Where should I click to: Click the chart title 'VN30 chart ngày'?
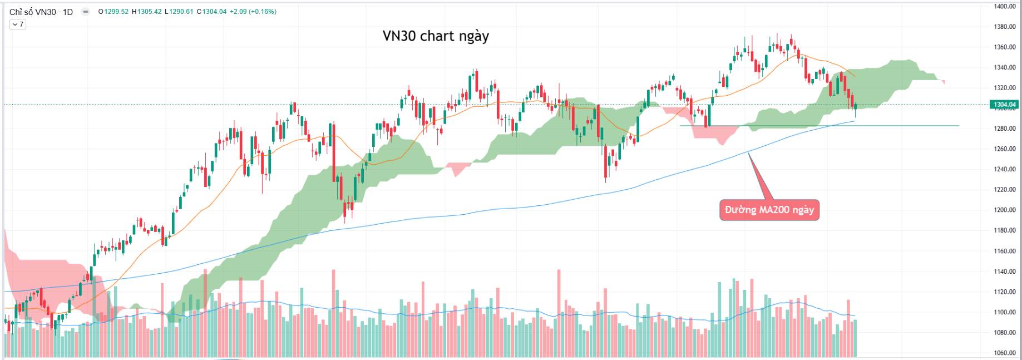click(436, 36)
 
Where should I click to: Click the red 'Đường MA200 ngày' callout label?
click(769, 210)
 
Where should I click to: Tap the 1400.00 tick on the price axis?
click(1005, 7)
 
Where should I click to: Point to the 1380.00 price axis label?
click(1005, 27)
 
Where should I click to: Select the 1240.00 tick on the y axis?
click(1005, 170)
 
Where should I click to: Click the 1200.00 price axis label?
click(1005, 210)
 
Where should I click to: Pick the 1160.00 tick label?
click(1005, 251)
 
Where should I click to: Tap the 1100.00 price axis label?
click(1005, 313)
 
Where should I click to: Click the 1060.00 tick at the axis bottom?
click(1005, 353)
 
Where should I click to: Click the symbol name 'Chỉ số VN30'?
click(33, 12)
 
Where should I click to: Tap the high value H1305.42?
click(146, 12)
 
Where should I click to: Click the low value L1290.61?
click(179, 12)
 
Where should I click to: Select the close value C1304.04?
click(211, 12)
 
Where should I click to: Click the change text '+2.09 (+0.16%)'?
click(253, 12)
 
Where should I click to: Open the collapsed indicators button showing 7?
click(18, 24)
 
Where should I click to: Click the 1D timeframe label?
click(67, 12)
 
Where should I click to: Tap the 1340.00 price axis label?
click(1005, 68)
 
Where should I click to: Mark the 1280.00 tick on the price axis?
click(1005, 129)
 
